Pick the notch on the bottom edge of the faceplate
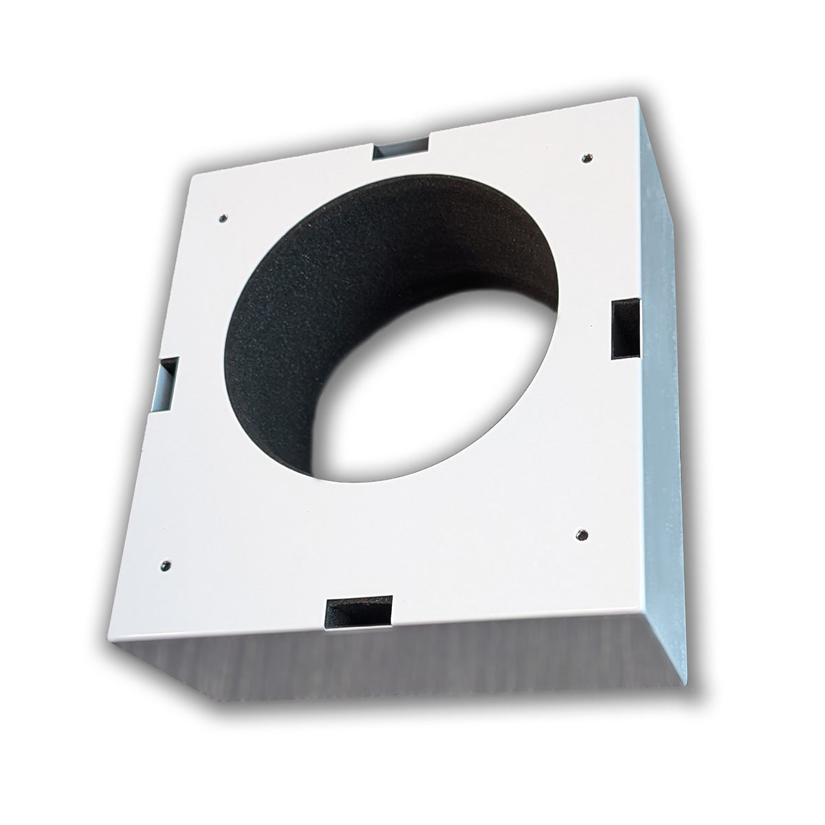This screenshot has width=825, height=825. [x=357, y=609]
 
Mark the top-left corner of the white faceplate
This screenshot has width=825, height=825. [x=190, y=176]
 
